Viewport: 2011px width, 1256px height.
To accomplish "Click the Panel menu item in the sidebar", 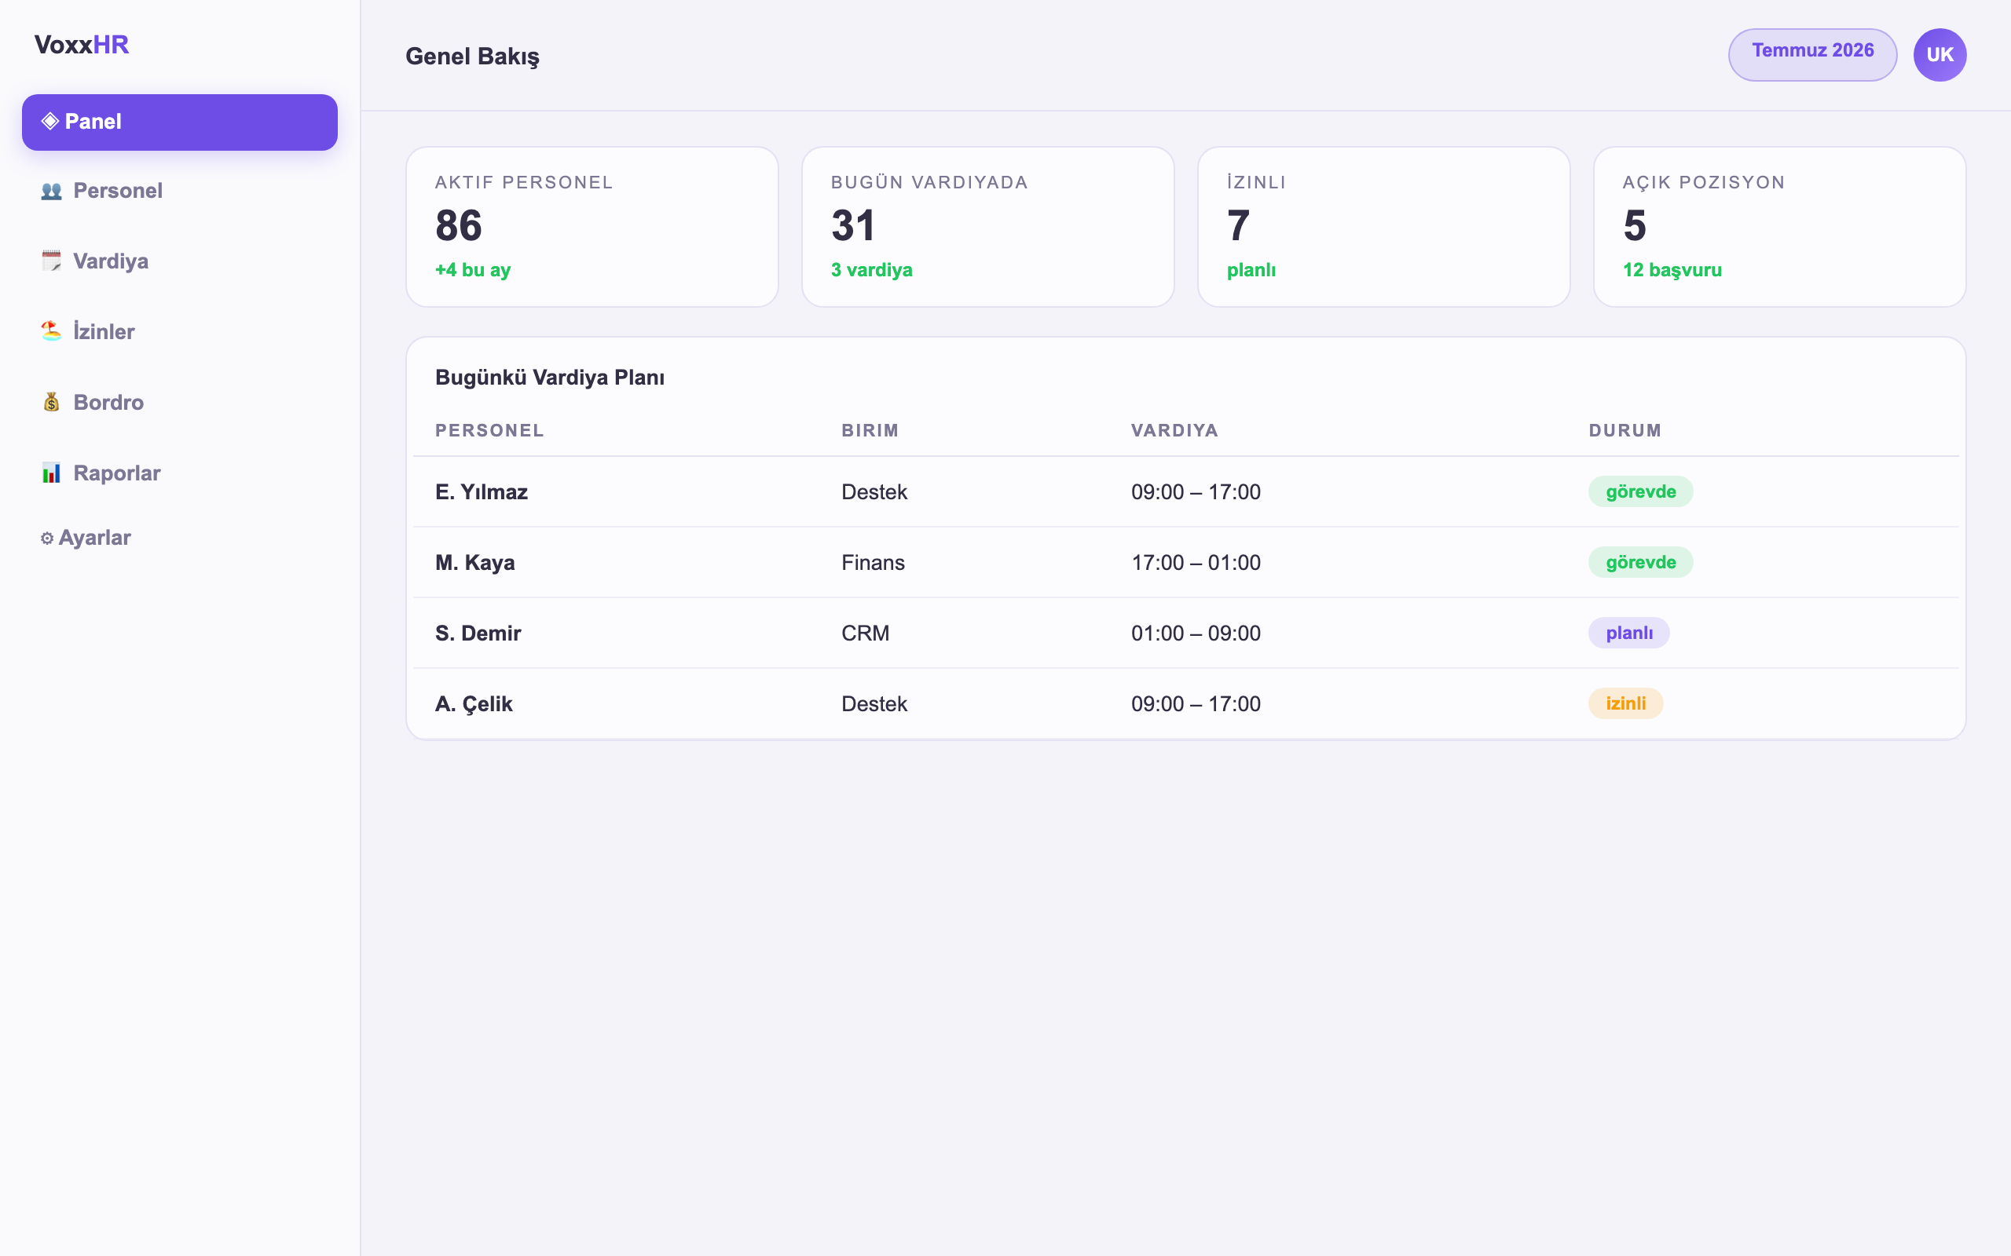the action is point(179,122).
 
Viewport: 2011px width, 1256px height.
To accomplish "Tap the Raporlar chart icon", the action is point(52,473).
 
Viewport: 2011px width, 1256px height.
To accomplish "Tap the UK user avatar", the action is point(1940,55).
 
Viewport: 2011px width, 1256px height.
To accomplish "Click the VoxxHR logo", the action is point(82,45).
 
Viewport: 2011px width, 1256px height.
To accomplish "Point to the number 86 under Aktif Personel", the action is point(459,225).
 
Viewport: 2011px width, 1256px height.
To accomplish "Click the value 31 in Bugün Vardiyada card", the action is point(853,225).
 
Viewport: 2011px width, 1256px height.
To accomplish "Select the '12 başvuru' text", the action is point(1672,270).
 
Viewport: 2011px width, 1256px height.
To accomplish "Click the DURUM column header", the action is point(1625,430).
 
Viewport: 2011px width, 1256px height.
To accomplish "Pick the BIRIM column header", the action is point(870,430).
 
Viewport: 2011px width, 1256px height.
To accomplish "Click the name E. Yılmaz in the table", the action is point(481,491).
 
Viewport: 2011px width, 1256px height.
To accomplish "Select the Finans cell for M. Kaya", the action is point(873,562).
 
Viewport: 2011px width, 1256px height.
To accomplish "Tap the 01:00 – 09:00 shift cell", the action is point(1196,633).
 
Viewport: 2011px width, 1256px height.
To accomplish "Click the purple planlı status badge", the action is point(1628,633).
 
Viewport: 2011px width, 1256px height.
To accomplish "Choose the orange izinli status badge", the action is point(1625,703).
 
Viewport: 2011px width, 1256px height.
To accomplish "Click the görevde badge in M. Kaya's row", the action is point(1640,562).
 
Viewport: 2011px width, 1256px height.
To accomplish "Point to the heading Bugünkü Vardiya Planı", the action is point(550,378).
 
